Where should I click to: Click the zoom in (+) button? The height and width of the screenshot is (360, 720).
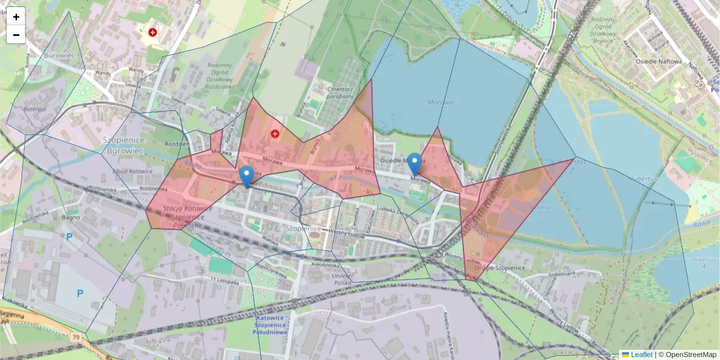point(16,17)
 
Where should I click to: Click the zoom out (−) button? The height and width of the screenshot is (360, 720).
point(16,35)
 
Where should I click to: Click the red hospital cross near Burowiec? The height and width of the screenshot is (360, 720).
point(152,32)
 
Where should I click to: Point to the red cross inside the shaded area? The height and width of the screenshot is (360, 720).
point(275,134)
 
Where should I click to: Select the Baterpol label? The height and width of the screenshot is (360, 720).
point(34,109)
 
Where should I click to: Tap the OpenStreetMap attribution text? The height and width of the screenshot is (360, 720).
point(690,355)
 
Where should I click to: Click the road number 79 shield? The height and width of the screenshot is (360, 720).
point(76,338)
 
